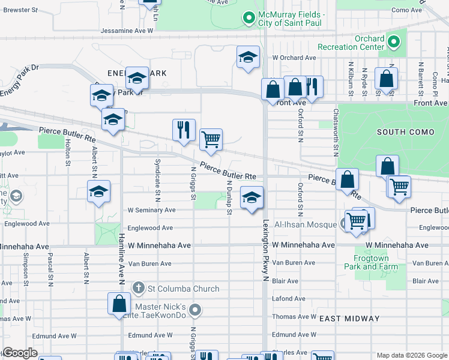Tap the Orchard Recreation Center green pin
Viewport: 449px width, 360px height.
coord(393,42)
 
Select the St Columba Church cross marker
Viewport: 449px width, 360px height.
coord(139,289)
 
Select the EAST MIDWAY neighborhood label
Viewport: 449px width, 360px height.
coord(349,319)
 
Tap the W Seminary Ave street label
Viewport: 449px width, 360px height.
coord(151,210)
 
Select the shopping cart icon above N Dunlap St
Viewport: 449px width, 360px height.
coord(211,139)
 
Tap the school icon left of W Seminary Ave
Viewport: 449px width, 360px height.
coord(99,191)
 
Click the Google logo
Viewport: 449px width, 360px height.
coord(20,353)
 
